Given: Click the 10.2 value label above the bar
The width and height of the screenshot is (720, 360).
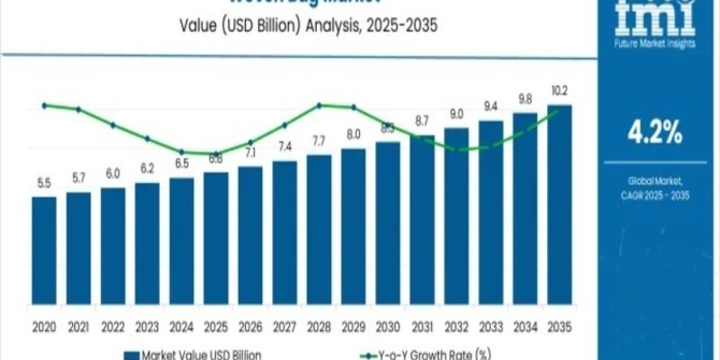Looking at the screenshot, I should tap(559, 91).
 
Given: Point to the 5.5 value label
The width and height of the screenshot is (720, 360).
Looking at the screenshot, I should tap(44, 184).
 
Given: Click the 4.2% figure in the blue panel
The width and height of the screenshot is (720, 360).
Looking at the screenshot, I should tap(655, 134).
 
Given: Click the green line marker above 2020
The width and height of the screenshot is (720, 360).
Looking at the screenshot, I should tap(44, 106).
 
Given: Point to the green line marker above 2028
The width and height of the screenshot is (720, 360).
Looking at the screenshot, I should tap(319, 106).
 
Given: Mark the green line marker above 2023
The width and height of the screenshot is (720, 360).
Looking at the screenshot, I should tap(147, 139).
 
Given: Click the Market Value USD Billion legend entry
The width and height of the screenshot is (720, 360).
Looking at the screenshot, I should tap(194, 355).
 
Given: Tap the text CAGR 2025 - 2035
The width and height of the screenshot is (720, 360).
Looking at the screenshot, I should tap(655, 195).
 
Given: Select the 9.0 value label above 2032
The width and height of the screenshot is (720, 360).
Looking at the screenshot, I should tap(456, 114).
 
